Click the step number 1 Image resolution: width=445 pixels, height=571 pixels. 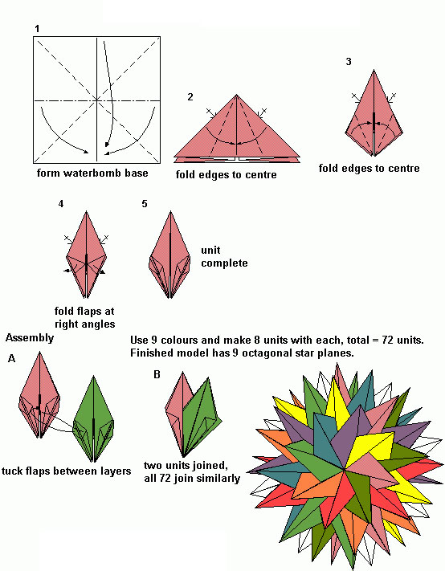pos(37,28)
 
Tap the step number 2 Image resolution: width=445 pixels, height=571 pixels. pos(190,97)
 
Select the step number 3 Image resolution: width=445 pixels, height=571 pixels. pos(349,62)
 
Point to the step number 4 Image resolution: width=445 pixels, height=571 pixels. pos(61,204)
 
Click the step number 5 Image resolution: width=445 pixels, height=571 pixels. pos(145,204)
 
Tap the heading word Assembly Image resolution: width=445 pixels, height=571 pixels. pos(30,338)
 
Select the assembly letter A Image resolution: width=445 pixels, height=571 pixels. pos(12,359)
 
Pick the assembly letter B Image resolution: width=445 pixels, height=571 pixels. pos(157,374)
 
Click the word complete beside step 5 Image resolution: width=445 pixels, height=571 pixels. pos(224,263)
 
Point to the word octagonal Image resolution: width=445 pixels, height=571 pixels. pos(264,353)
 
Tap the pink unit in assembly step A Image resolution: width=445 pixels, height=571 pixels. pos(39,395)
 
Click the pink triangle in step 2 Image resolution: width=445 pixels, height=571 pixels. pos(237,129)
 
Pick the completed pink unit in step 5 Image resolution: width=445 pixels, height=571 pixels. pos(170,255)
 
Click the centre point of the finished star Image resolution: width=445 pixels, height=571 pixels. pos(344,469)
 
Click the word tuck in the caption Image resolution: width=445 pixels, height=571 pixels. pos(12,471)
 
